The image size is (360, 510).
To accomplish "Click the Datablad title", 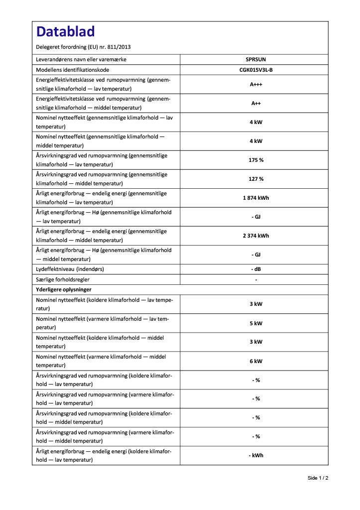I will pos(65,32).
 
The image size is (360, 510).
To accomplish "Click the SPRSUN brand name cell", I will pos(256,60).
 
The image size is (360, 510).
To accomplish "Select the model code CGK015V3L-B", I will pos(256,70).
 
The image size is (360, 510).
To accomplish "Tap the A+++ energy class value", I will pos(256,84).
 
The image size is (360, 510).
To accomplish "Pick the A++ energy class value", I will pos(256,103).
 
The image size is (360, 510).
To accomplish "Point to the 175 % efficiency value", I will pos(256,160).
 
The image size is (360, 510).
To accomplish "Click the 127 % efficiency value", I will pos(256,179).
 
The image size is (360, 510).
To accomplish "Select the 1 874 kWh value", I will pos(256,198).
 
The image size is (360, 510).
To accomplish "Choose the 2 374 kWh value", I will pos(256,236).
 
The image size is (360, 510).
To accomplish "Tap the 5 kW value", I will pos(256,323).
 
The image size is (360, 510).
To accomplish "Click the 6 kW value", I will pos(256,361).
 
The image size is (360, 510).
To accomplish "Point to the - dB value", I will pos(256,269).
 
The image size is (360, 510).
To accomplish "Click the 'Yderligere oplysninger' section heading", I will pos(63,289).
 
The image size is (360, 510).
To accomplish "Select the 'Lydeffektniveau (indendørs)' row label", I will pos(70,269).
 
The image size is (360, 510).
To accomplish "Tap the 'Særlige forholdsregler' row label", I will pos(63,279).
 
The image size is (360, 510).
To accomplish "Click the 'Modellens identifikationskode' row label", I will pos(73,70).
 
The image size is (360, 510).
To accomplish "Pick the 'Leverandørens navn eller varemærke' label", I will pos(81,60).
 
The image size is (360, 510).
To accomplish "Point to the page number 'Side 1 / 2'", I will pos(318,478).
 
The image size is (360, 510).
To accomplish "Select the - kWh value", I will pos(256,455).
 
